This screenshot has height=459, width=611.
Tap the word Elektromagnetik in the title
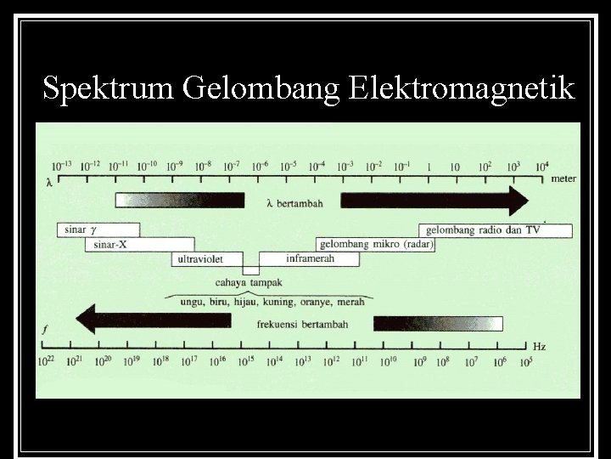coord(461,89)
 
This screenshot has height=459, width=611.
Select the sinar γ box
coord(98,229)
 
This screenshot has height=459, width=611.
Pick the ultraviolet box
coord(206,259)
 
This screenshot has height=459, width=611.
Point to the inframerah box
coord(311,258)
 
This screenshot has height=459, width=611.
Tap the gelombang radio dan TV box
coord(495,229)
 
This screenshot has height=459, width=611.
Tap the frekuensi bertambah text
coord(300,323)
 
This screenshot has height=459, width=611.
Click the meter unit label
coord(563,178)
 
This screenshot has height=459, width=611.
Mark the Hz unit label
coord(540,347)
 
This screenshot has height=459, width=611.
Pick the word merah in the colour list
coord(350,302)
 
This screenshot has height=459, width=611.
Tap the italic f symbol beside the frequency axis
coord(45,327)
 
